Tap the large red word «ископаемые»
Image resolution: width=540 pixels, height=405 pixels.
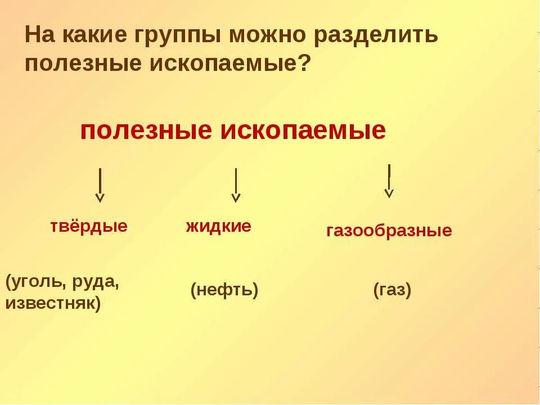[x=303, y=130]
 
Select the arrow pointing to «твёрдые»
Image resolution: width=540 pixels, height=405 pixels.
[x=100, y=185]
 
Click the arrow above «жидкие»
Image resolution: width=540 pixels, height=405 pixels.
[x=236, y=185]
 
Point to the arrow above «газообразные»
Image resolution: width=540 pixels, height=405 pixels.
[x=389, y=181]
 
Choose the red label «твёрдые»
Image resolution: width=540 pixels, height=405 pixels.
[x=89, y=226]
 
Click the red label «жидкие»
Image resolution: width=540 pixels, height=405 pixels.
[x=218, y=227]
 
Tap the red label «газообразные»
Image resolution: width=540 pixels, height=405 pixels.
[x=389, y=231]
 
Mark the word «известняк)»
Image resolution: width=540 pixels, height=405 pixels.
[x=53, y=304]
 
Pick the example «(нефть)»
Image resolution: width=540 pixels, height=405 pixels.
[x=224, y=291]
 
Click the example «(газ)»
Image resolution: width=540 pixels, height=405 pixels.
[x=392, y=291]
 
